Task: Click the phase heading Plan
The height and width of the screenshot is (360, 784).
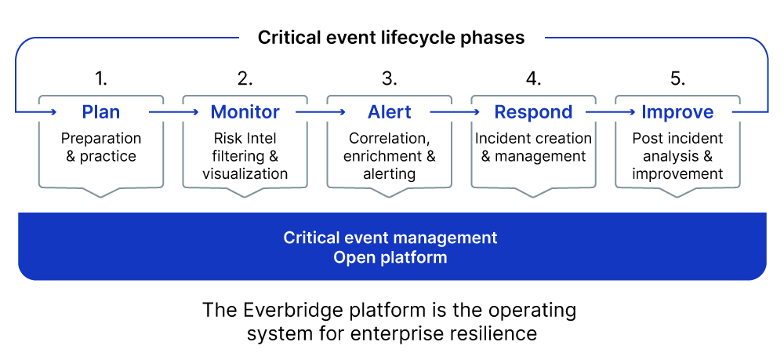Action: click(x=101, y=112)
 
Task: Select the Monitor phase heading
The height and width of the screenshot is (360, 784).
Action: click(x=245, y=112)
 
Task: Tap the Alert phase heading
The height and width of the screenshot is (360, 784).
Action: click(x=389, y=112)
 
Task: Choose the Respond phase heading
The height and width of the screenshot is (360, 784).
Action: click(x=533, y=112)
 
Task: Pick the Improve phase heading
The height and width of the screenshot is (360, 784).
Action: click(x=677, y=112)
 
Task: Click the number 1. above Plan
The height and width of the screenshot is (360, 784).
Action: click(x=101, y=78)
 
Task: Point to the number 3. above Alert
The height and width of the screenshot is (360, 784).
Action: click(x=390, y=78)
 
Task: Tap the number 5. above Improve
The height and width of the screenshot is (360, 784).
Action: click(x=678, y=78)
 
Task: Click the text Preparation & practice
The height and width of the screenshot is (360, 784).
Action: click(x=101, y=147)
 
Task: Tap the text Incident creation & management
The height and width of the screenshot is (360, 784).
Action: click(x=533, y=147)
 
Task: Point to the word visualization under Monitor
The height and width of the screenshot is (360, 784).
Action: click(x=245, y=173)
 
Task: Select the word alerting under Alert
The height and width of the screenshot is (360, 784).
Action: click(x=389, y=173)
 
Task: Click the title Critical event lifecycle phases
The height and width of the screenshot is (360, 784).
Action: click(x=391, y=38)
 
